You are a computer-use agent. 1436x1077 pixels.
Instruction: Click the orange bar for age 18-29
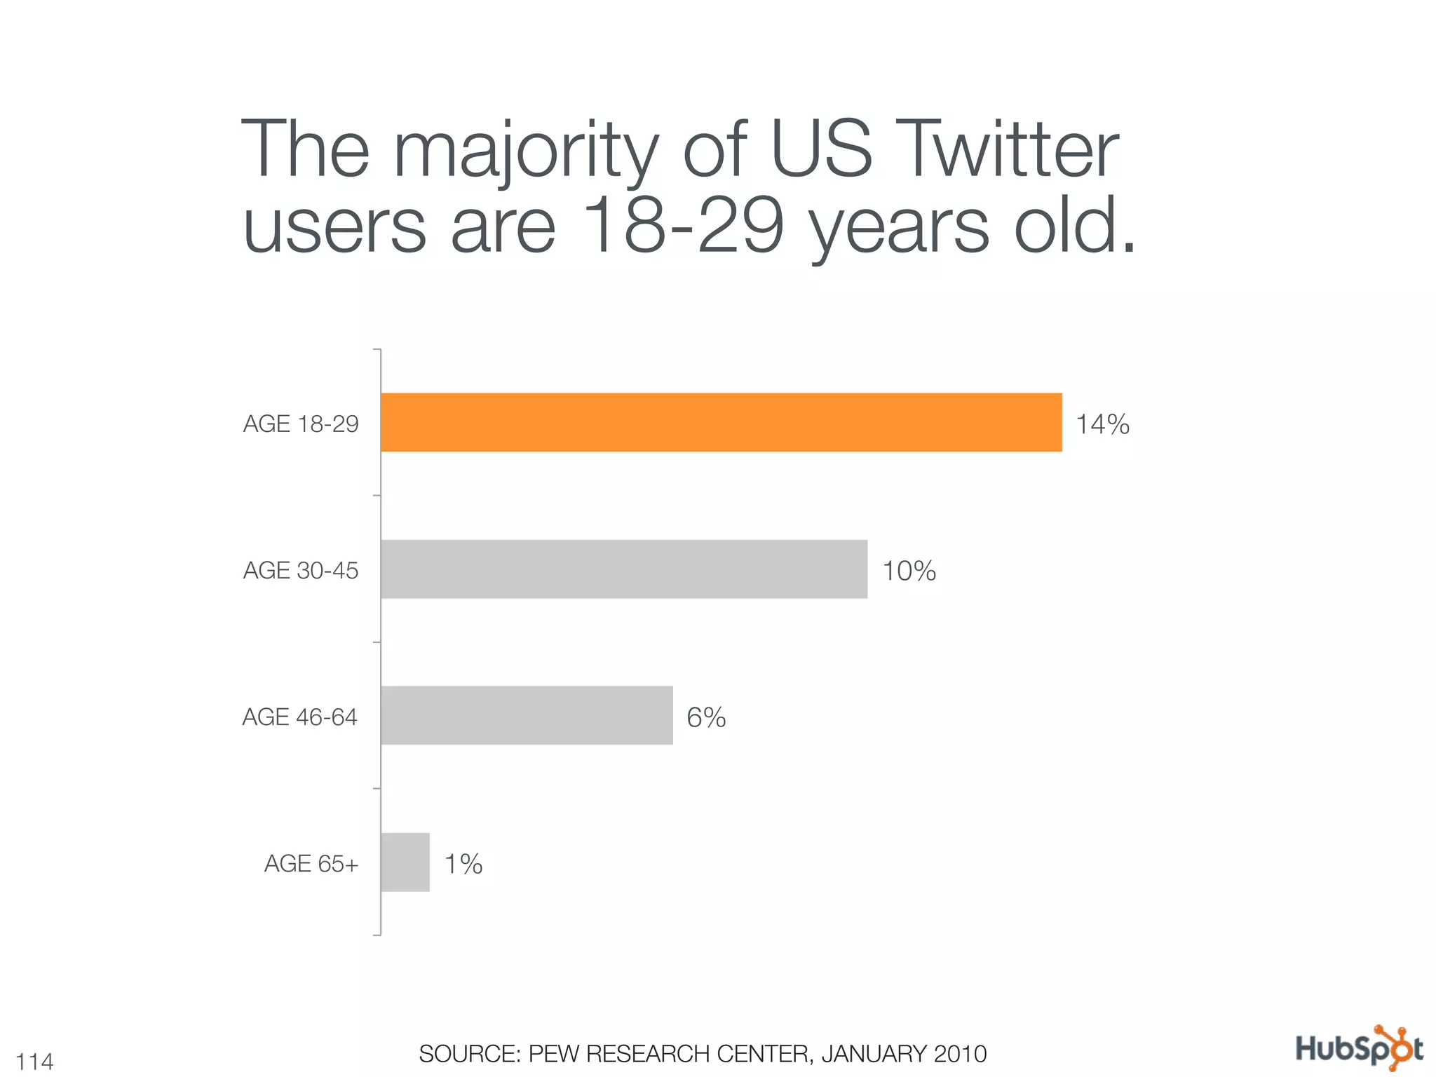point(721,422)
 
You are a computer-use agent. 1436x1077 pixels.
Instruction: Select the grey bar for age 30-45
point(624,569)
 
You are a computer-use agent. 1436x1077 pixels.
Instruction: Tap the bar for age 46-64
point(527,715)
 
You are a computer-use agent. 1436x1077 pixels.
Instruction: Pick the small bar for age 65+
point(405,862)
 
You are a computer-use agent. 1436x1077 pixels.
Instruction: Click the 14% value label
point(1102,424)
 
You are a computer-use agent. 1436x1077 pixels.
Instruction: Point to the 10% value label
point(909,571)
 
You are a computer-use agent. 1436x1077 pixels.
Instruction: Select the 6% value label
point(706,717)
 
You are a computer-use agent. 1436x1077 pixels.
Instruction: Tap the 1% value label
point(463,864)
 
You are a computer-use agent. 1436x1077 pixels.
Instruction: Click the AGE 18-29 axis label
point(301,424)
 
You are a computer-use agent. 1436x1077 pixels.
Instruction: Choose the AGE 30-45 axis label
point(301,571)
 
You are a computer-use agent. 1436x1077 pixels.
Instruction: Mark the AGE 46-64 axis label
point(300,717)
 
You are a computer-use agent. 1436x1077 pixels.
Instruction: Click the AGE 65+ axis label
point(311,864)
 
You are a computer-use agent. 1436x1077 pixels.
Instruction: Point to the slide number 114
point(34,1062)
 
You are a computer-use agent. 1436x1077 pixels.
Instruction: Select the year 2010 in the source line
point(960,1054)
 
